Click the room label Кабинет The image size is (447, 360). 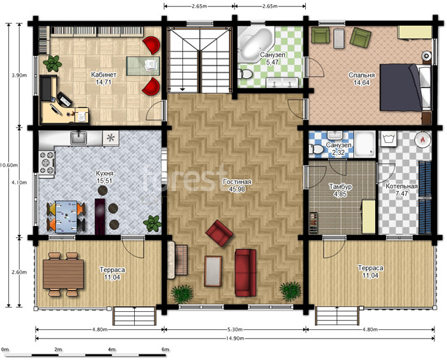(x=103, y=75)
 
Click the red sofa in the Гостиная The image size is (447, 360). (x=245, y=273)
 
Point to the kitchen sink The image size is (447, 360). (x=79, y=137)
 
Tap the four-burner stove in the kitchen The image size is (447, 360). (x=47, y=163)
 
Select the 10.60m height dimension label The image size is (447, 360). (x=8, y=165)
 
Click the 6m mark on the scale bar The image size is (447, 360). (x=166, y=350)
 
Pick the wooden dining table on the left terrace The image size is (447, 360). (x=64, y=274)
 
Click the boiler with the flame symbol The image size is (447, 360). (x=423, y=140)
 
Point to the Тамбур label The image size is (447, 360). (x=340, y=187)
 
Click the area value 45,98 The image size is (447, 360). (x=237, y=189)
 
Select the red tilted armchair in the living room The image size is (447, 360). (x=219, y=233)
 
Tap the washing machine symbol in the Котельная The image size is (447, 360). (x=388, y=139)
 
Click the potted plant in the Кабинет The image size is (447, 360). (x=52, y=63)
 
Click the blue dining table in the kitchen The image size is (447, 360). (x=66, y=216)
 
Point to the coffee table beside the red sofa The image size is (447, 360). (x=213, y=271)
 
